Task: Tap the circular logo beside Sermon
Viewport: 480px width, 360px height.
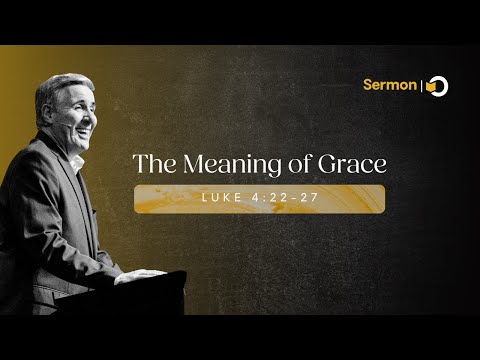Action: pos(436,86)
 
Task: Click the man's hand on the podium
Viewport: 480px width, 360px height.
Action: pos(138,275)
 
